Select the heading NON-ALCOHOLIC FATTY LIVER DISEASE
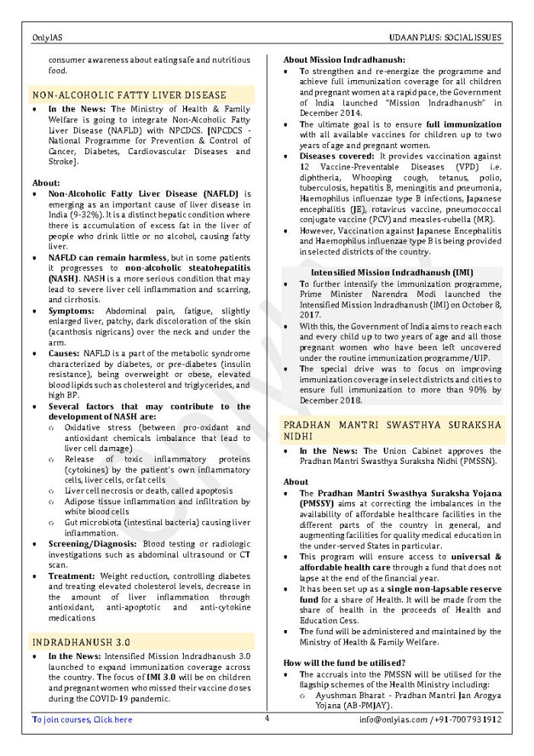(129, 95)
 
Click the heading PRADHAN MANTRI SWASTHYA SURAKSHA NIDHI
(392, 428)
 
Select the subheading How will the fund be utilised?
(344, 662)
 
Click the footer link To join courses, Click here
(82, 719)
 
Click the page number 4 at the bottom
(267, 718)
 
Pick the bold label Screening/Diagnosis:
(94, 543)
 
